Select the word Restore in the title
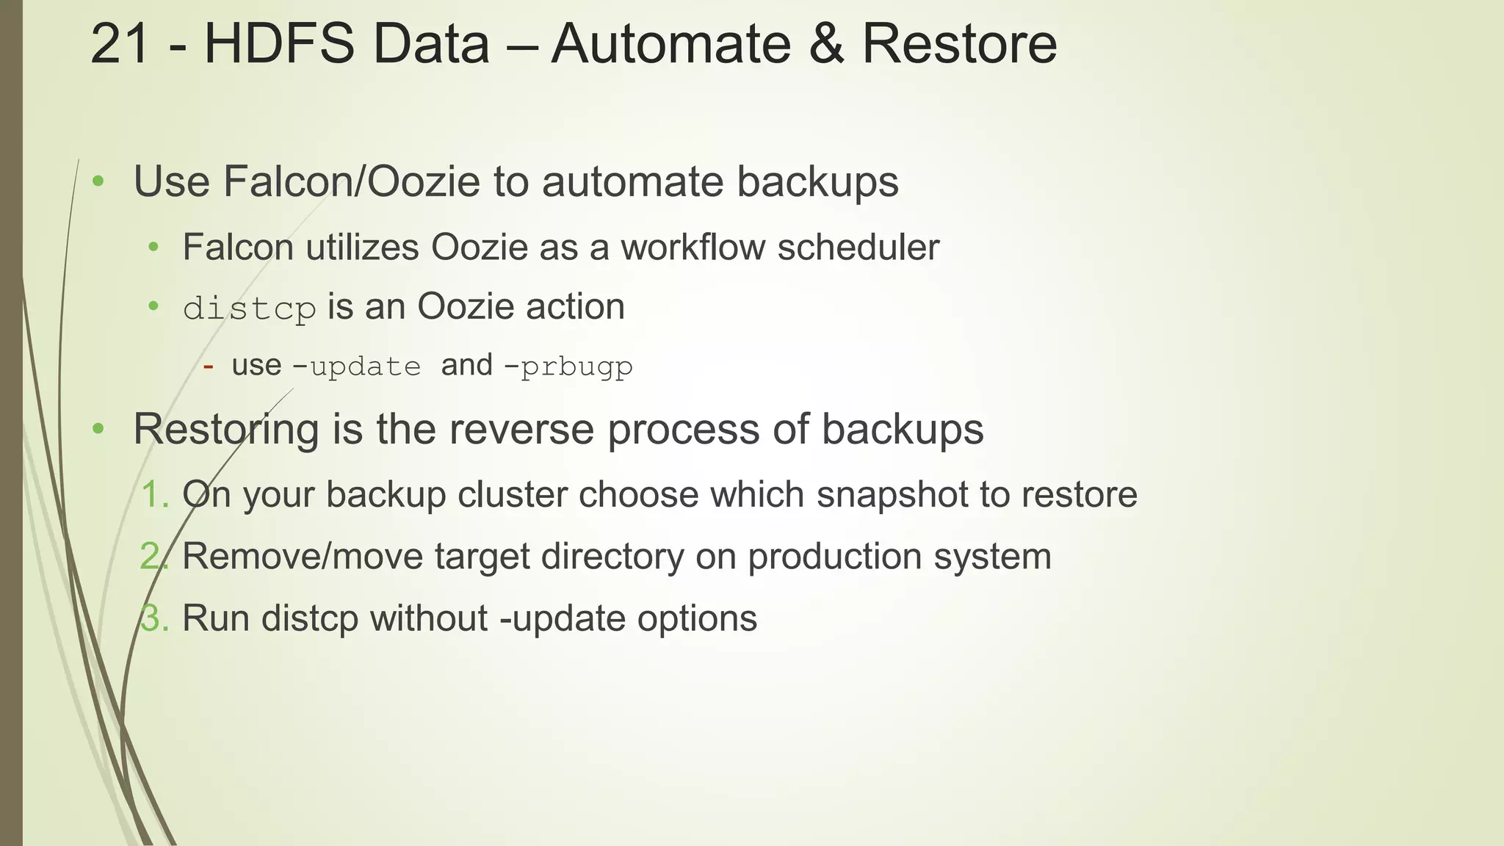[959, 44]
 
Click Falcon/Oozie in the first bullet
[351, 181]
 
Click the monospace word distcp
[250, 308]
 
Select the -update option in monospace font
[357, 366]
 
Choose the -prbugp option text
[568, 366]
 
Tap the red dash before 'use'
[208, 366]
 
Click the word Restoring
[225, 429]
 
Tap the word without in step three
[428, 618]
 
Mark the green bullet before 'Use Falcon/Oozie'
[98, 181]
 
